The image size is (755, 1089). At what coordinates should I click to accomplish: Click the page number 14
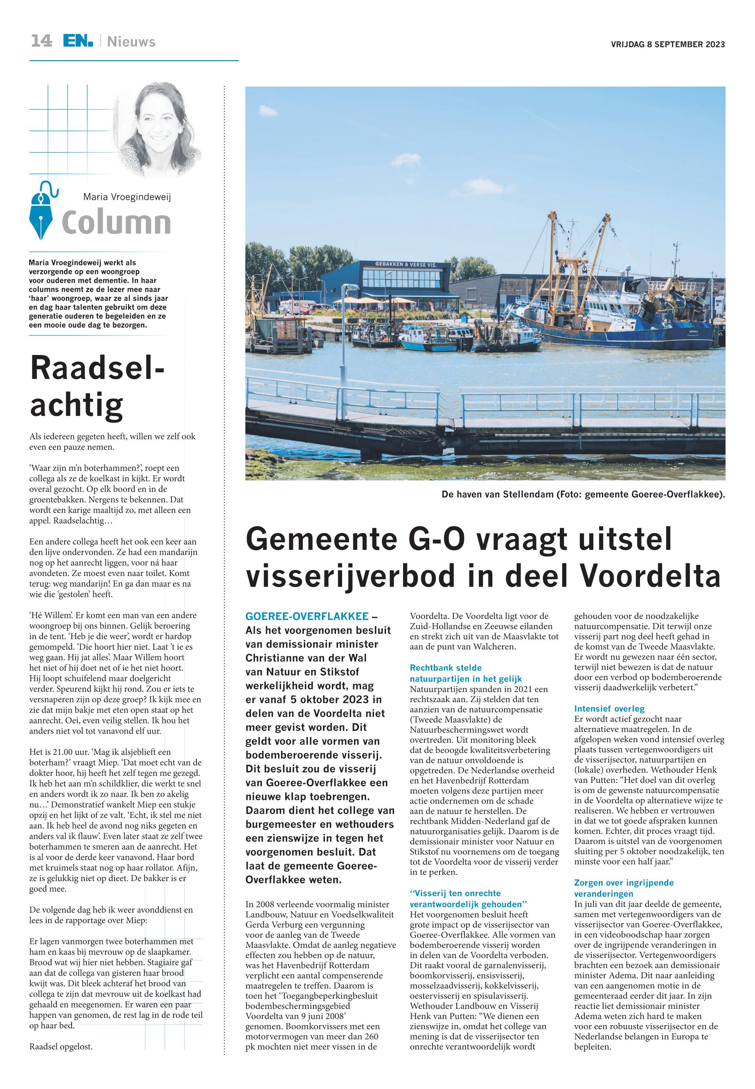(42, 41)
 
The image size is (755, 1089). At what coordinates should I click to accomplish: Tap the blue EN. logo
(78, 41)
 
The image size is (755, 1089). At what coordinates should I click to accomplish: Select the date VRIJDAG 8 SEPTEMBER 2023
(667, 45)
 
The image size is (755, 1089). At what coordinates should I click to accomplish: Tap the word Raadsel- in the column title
(97, 368)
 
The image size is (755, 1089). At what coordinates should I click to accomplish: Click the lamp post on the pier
(343, 341)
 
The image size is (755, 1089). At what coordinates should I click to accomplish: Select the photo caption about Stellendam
(583, 495)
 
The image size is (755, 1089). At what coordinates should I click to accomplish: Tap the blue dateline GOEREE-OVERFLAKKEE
(307, 616)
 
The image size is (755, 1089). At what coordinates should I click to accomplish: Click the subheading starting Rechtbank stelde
(446, 668)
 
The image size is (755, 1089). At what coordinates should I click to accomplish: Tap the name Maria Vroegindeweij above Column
(127, 197)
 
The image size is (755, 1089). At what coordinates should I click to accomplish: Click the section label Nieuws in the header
(131, 42)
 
